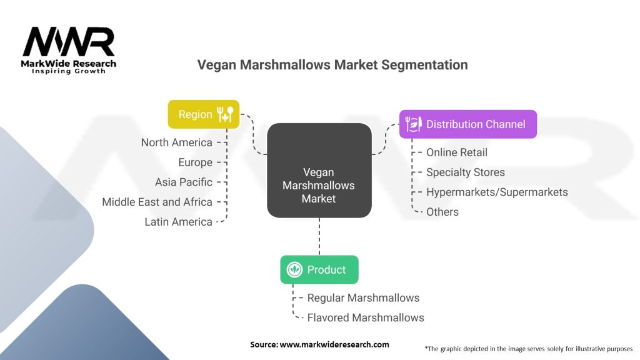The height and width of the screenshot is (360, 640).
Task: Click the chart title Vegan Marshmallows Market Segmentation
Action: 332,65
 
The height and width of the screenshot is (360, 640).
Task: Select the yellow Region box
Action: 203,114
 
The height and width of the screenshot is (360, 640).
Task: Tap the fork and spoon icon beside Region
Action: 225,114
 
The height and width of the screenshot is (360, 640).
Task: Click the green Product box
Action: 319,270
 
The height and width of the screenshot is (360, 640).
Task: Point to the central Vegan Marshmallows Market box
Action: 319,185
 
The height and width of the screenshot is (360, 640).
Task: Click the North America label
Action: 176,142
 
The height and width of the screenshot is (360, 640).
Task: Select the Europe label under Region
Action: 195,162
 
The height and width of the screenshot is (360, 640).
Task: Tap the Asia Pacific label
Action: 184,182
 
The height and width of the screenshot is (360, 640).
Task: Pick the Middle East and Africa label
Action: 157,202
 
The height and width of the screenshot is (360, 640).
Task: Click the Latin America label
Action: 178,222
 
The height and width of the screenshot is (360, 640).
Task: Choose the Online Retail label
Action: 456,152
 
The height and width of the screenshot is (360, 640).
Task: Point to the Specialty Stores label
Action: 465,172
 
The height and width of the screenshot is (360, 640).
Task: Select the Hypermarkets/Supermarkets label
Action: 497,192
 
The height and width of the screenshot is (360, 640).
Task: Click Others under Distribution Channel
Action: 442,212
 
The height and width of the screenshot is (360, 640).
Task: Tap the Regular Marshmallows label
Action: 363,297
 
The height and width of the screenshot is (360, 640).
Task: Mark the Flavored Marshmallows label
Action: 365,317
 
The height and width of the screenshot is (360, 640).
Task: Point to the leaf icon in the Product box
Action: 294,270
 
